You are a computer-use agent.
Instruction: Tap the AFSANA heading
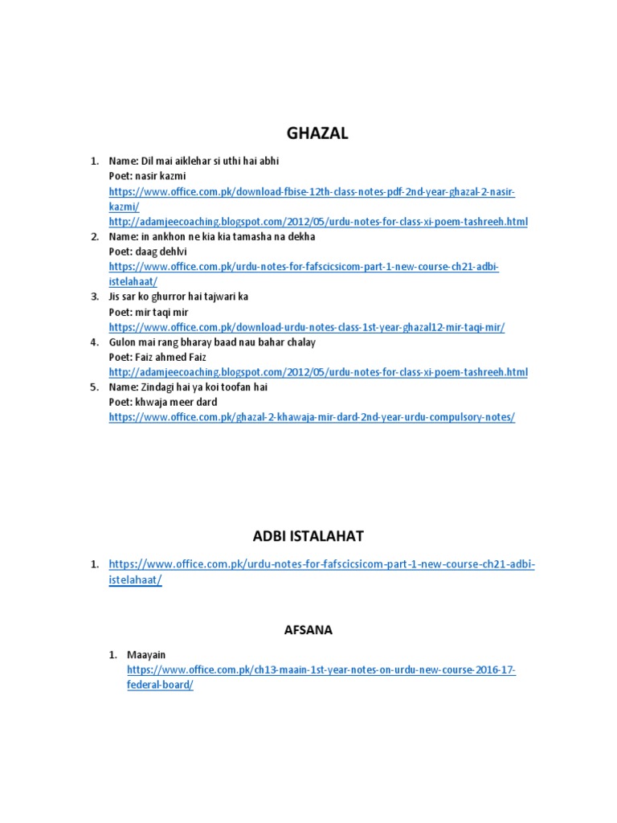tap(308, 631)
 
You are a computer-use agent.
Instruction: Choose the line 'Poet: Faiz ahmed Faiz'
tap(157, 357)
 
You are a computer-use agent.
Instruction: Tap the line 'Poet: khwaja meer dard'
tap(163, 402)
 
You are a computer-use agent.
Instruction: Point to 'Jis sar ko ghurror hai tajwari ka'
tap(179, 297)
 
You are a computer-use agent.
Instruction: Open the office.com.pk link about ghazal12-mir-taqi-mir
tap(307, 327)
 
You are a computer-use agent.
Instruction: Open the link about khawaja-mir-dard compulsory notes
tap(312, 417)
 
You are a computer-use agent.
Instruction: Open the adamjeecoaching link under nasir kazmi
tap(318, 221)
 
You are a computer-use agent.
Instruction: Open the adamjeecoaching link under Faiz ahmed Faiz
tap(318, 372)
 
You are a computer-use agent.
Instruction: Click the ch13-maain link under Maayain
tap(321, 669)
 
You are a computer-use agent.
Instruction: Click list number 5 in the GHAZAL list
tap(94, 387)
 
